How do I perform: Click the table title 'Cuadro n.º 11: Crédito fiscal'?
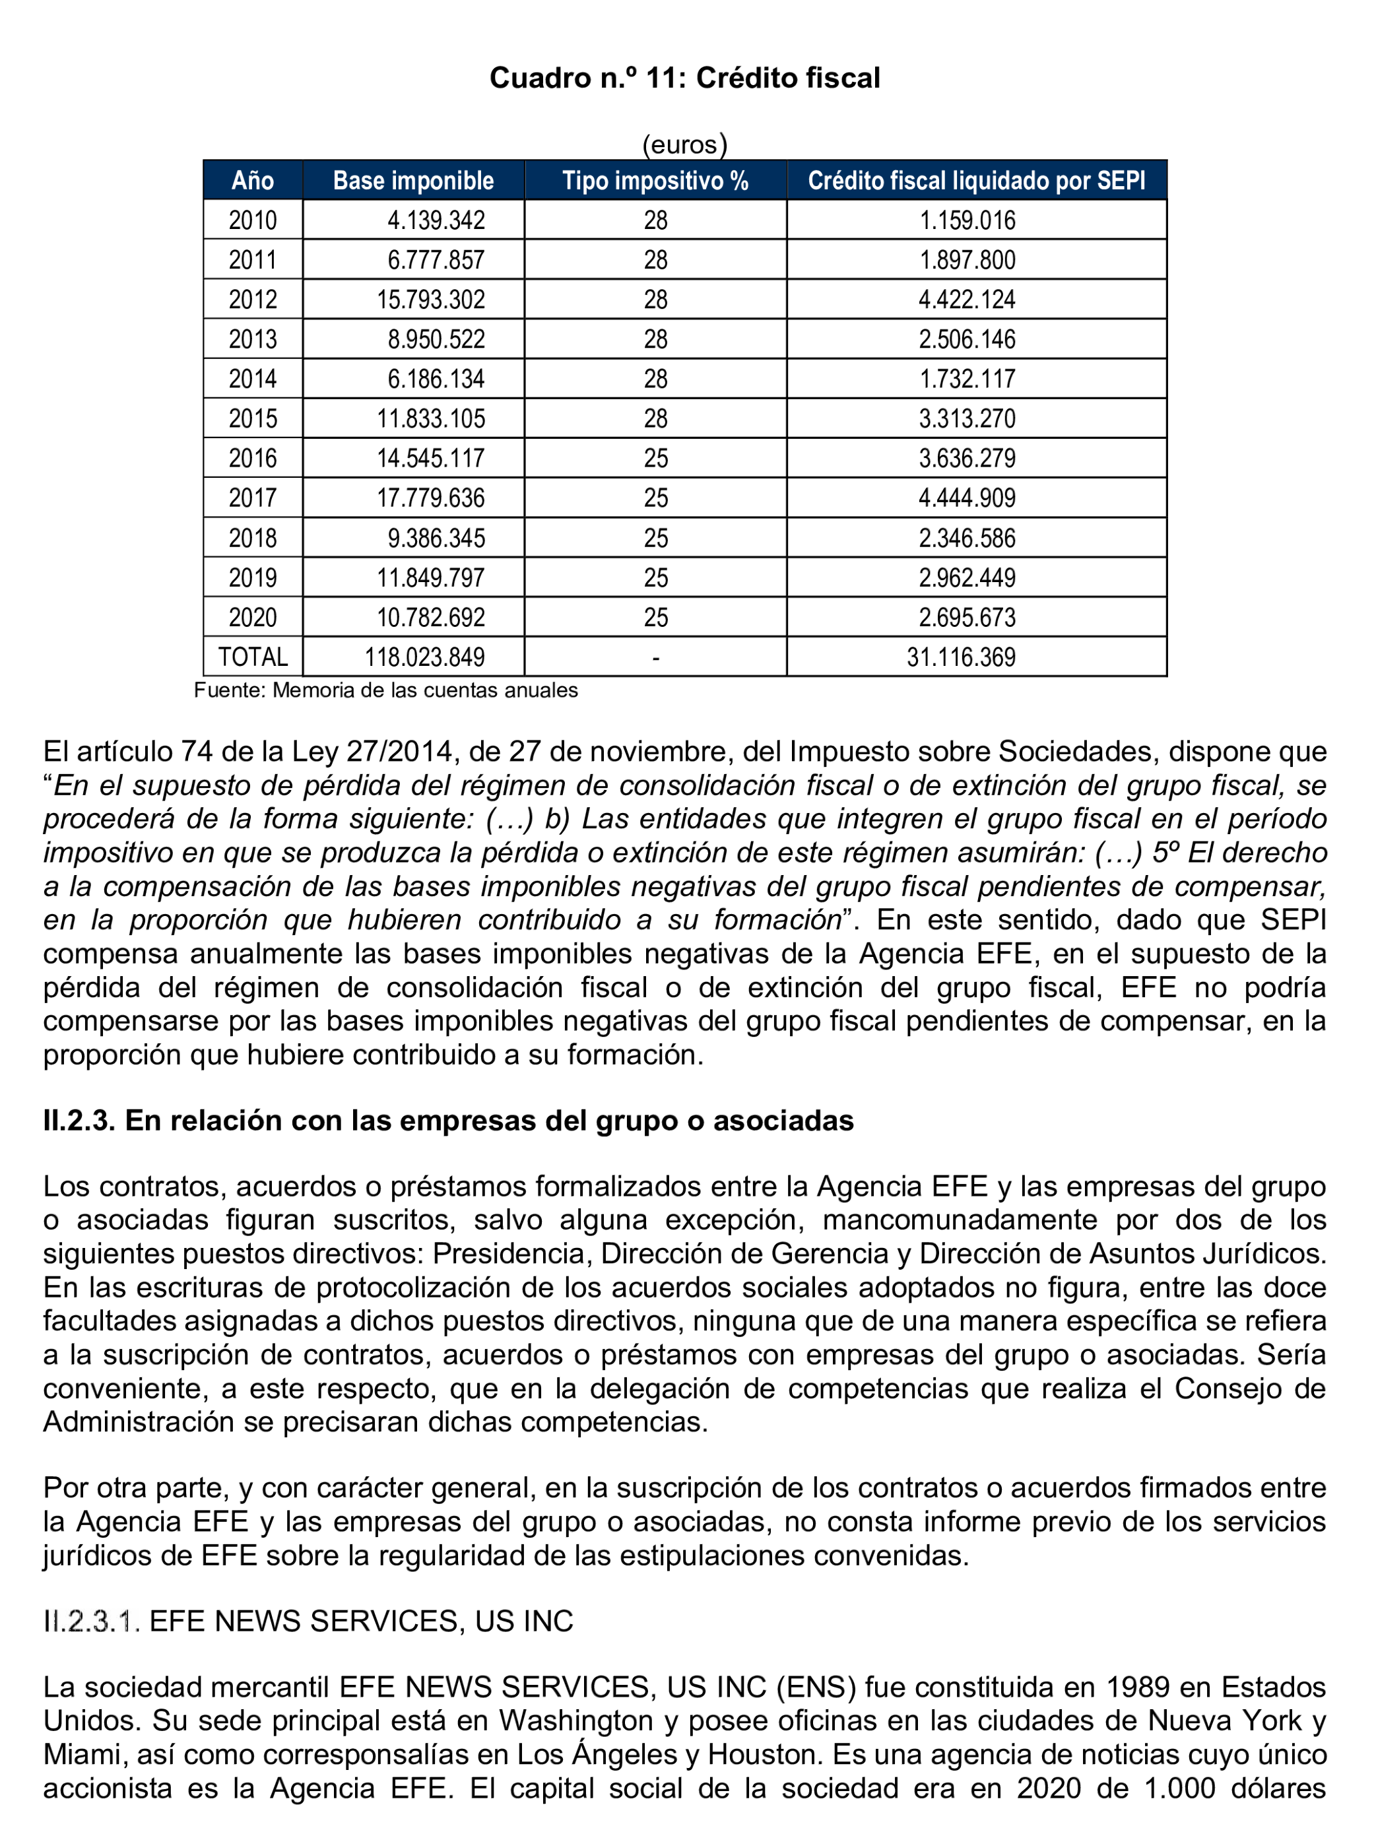(684, 78)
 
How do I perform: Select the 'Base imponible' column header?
(413, 181)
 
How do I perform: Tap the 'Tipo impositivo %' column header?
(655, 181)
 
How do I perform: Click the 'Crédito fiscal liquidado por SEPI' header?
(976, 181)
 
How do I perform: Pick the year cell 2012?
(253, 300)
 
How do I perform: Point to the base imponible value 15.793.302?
(431, 300)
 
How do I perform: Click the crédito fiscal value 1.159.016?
(967, 220)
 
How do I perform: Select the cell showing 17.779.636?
(431, 498)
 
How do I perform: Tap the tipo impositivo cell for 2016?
(655, 458)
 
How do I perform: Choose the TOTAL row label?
(253, 657)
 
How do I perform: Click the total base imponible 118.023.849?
(424, 657)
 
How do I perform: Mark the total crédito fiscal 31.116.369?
(961, 657)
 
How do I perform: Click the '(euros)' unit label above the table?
(684, 145)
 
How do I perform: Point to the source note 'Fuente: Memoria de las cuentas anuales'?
(385, 690)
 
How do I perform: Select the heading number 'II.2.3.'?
(79, 1121)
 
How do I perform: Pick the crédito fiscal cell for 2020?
(967, 617)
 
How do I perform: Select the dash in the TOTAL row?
(655, 657)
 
